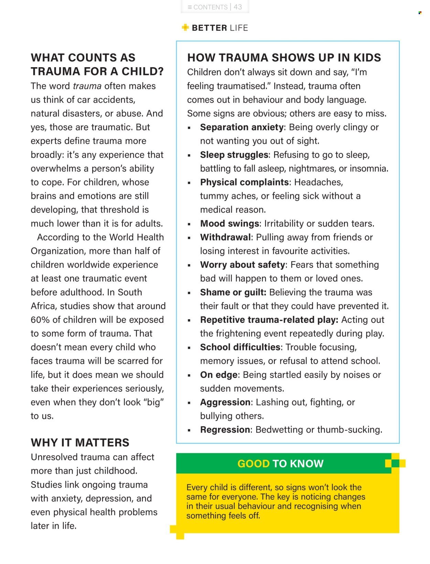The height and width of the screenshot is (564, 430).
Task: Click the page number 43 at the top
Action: [x=238, y=7]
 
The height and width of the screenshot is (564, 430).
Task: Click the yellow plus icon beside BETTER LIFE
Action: [x=185, y=28]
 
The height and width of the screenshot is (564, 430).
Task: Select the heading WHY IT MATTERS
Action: [x=80, y=442]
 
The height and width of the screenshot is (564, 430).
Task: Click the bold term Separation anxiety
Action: [x=242, y=127]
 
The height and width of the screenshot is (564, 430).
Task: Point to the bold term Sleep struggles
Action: [x=234, y=155]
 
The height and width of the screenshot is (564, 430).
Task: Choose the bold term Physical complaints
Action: [x=244, y=182]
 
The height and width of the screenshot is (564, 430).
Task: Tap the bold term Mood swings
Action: [x=229, y=223]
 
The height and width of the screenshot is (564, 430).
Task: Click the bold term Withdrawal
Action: [x=225, y=237]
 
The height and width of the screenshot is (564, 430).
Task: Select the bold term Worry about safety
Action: [x=243, y=265]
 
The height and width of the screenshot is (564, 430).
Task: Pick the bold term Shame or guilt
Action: [x=233, y=292]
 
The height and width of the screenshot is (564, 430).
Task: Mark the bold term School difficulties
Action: [x=240, y=347]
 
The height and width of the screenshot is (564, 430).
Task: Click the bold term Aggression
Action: [x=225, y=402]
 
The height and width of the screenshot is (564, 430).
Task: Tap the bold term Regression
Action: [x=225, y=430]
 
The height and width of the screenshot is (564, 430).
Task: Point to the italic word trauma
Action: [x=87, y=86]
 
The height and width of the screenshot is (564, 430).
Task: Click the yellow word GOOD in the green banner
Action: [x=254, y=463]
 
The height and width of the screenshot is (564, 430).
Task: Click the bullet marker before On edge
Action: [x=189, y=375]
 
